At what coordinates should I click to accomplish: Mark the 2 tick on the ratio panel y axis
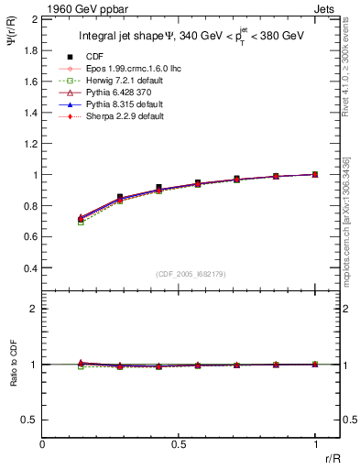[34, 309]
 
